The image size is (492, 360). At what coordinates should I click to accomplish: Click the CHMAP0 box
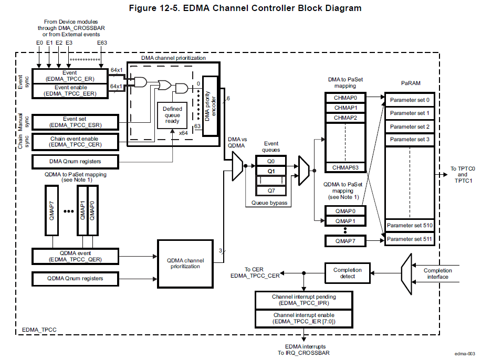click(345, 98)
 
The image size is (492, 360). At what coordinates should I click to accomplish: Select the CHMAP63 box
click(345, 167)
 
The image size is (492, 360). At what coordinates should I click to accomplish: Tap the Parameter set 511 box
click(409, 239)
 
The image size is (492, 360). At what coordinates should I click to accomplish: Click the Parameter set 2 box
click(409, 126)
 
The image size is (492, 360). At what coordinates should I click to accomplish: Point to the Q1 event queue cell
click(270, 171)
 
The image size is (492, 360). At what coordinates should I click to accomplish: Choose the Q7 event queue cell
click(270, 190)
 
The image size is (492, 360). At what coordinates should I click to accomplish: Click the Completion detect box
click(347, 273)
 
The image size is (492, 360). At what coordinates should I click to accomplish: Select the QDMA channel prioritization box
click(188, 263)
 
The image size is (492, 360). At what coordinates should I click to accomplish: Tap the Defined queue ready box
click(172, 115)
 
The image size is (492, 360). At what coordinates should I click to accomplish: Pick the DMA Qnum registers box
click(75, 161)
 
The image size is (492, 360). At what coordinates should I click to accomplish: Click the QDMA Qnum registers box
click(75, 278)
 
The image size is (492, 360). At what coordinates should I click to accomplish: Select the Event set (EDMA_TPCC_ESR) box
click(75, 122)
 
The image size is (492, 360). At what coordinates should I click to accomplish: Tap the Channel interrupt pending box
click(303, 300)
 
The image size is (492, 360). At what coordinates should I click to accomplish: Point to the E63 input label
click(102, 43)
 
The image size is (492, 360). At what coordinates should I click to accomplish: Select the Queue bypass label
click(269, 203)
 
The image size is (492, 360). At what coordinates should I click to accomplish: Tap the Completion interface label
click(437, 273)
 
